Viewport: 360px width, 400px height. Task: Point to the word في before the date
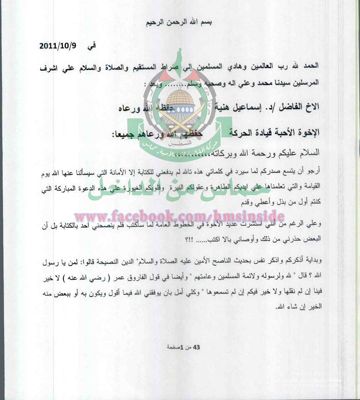(x=91, y=46)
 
